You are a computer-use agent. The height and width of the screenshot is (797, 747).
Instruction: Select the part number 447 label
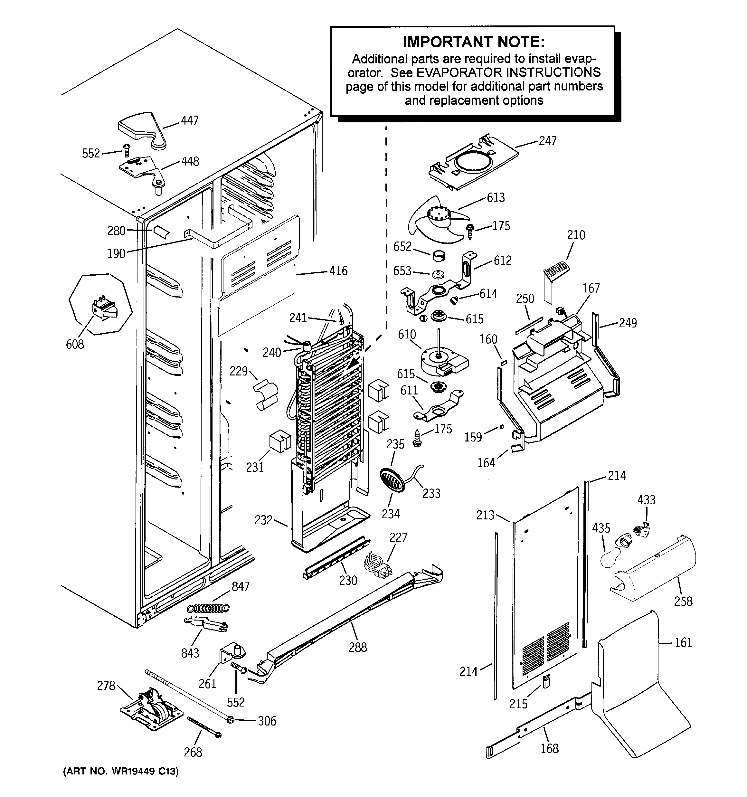[190, 120]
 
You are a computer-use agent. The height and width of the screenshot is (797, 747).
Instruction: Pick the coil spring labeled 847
[209, 608]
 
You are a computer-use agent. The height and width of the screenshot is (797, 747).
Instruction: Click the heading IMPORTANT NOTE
[474, 42]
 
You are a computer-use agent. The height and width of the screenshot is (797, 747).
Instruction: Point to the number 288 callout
[358, 647]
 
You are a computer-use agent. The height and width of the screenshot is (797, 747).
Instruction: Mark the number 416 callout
[338, 271]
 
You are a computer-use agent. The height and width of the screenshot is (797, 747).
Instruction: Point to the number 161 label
[683, 642]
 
